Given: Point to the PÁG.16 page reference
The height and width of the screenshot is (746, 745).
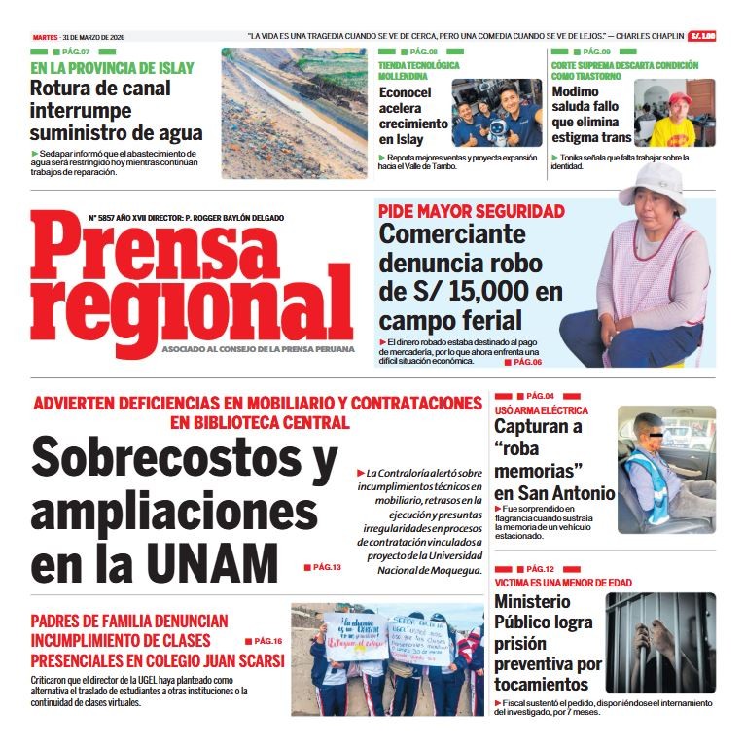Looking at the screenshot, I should point(267,641).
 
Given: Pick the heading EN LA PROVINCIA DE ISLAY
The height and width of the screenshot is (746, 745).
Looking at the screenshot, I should point(112,68).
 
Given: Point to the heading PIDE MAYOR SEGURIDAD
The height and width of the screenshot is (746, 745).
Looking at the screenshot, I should point(472,211).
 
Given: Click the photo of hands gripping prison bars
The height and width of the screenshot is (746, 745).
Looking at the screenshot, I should point(660,643).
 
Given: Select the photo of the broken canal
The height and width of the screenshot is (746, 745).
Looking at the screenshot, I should point(294,113).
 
